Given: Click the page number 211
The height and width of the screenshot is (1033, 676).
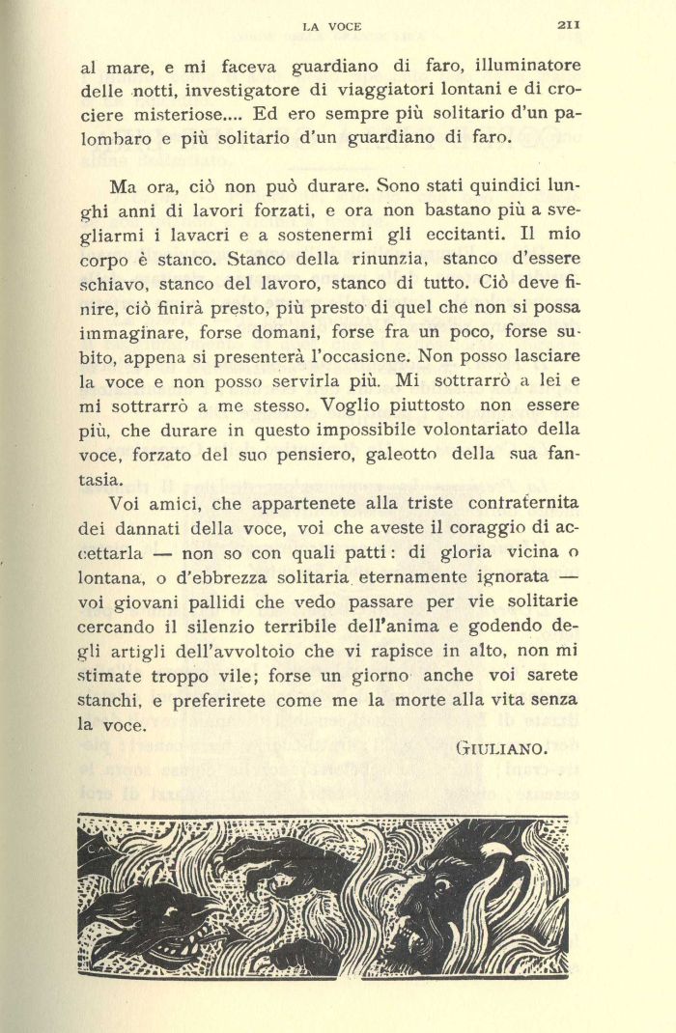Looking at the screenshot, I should tap(567, 26).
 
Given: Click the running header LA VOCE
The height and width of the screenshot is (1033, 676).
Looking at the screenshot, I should tap(332, 27).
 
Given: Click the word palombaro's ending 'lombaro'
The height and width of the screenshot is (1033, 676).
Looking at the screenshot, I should tap(114, 136).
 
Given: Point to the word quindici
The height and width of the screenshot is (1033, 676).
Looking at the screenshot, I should tap(493, 182).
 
